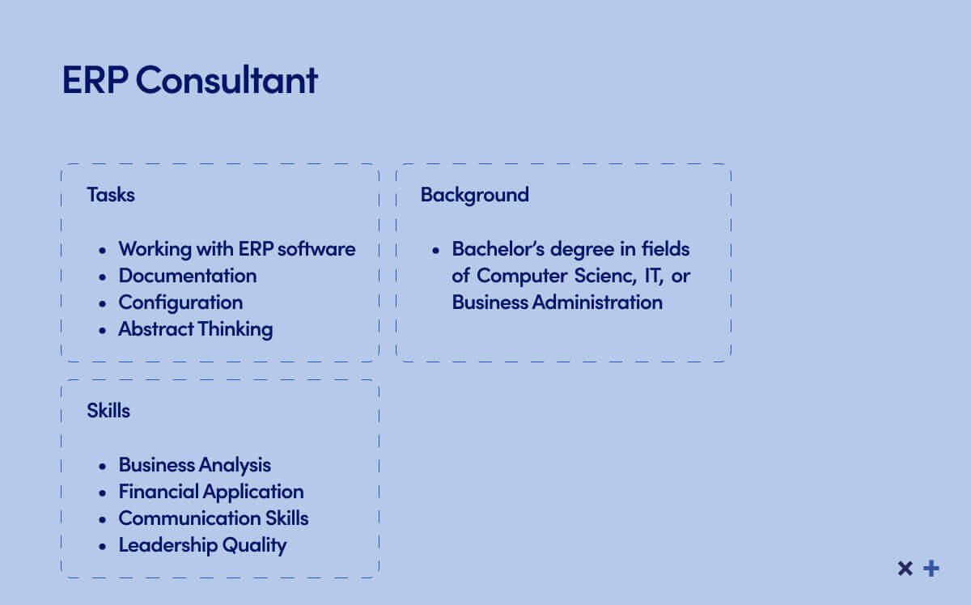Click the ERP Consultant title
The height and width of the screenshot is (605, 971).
[x=190, y=80]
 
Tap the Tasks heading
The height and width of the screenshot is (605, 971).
[x=111, y=195]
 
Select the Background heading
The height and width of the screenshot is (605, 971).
[x=475, y=196]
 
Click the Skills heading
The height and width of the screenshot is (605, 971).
[x=108, y=410]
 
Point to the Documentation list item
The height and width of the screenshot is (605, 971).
[x=188, y=276]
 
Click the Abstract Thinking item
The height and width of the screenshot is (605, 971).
[x=196, y=329]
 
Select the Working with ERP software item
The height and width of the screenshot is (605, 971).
[x=237, y=249]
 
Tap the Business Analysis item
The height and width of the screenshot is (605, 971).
[x=195, y=465]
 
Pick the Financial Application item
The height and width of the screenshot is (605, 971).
[x=211, y=492]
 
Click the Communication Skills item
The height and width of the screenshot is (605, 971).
[x=214, y=518]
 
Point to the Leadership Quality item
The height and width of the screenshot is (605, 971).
[x=202, y=546]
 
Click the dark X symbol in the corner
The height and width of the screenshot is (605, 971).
[x=905, y=569]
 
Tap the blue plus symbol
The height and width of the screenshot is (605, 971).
[x=931, y=569]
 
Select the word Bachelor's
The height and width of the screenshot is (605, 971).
[x=498, y=249]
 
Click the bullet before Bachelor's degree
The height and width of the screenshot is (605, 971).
[x=435, y=250]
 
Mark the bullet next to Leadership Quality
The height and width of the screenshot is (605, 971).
[x=102, y=546]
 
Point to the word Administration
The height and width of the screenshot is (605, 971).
[x=597, y=302]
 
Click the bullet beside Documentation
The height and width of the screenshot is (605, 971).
[x=102, y=277]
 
